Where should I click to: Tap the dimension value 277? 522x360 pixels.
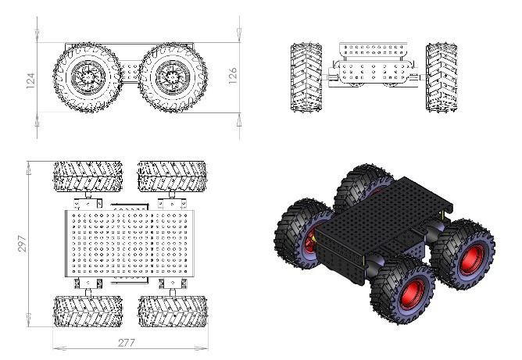pos(127,343)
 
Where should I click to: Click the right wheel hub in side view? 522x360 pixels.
pos(170,77)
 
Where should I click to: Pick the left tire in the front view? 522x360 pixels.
pos(302,78)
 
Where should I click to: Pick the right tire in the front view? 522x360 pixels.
pos(440,78)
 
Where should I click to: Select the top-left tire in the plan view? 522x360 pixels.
pos(87,176)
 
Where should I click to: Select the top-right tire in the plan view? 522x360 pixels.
pos(172,176)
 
